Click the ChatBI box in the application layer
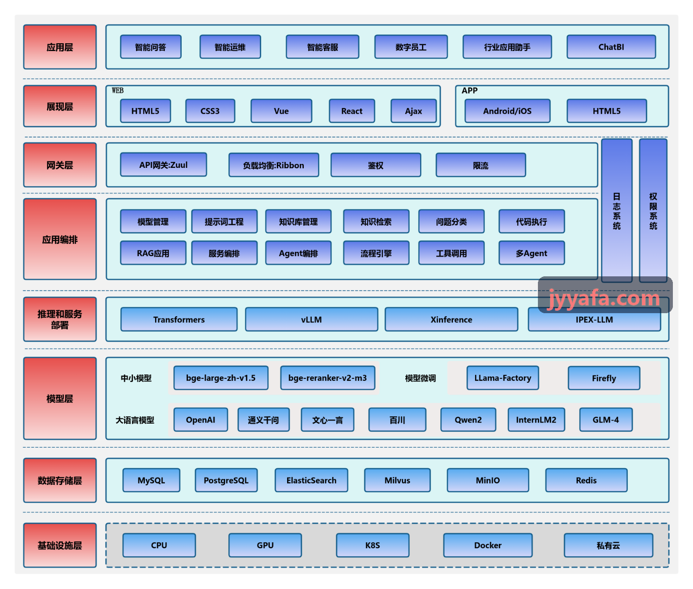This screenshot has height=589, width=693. pos(611,47)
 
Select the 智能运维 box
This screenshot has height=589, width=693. pos(230,47)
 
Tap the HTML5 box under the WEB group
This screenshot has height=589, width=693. pos(145,111)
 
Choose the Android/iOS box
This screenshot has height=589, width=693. pos(507,111)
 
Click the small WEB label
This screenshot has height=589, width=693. pos(118,90)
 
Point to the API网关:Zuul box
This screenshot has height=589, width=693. pos(163,164)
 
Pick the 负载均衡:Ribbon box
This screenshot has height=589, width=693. pos(273,165)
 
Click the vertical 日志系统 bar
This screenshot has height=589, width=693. pos(616,211)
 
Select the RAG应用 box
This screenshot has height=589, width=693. pos(153,253)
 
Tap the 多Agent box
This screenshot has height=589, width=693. pos(532,253)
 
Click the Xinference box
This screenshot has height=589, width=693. pos(451,320)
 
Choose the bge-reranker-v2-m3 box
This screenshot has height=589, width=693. pos(327,378)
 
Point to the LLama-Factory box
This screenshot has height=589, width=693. pos(503,378)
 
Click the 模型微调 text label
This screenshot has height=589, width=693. pos(421,378)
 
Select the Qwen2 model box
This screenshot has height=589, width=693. pos(468,420)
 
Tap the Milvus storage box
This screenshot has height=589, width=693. pos(397,481)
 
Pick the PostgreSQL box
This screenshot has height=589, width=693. pos(226,481)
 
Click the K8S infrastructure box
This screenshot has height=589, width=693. pos(373,545)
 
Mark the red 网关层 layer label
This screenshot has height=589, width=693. pos(60,165)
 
